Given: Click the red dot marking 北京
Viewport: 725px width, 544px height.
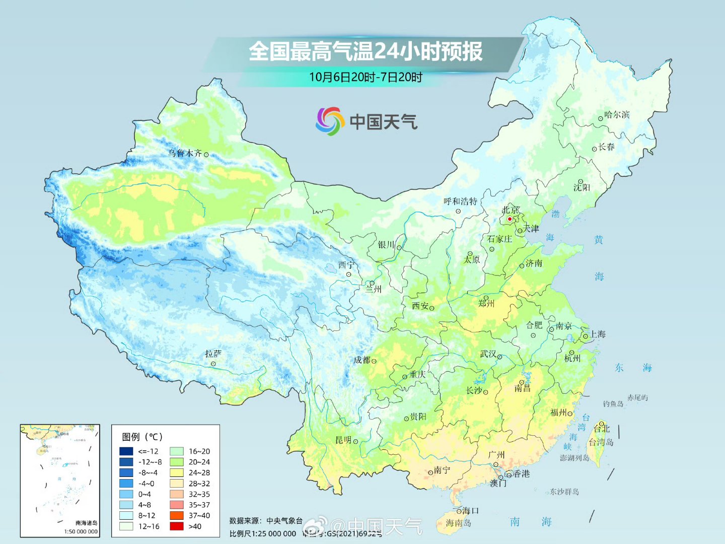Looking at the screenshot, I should [510, 219].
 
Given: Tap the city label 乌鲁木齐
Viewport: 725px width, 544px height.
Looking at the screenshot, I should [185, 153].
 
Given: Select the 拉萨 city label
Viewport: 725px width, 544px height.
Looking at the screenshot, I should [213, 354].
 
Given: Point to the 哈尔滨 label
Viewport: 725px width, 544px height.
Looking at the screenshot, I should [617, 115].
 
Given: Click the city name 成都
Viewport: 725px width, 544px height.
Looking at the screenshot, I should [361, 360].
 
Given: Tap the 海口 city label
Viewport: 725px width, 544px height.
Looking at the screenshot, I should [470, 511].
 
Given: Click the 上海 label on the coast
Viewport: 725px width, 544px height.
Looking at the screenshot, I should [598, 334].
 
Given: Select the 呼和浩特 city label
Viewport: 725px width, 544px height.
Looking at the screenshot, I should [460, 201].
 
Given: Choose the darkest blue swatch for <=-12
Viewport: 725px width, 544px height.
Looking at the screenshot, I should [126, 451].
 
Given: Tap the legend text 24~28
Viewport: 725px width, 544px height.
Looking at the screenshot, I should [199, 473].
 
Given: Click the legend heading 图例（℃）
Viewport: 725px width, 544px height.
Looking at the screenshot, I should [142, 437].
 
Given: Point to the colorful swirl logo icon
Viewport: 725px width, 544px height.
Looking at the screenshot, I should [329, 121].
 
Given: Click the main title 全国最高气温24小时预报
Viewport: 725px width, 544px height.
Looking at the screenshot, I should [366, 51].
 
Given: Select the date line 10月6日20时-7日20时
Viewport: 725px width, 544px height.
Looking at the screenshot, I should [366, 77].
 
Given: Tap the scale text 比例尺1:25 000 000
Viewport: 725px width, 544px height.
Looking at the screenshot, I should [262, 533].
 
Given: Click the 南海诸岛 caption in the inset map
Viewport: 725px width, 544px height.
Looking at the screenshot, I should [86, 523].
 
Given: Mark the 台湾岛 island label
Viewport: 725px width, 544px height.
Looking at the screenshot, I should [601, 442].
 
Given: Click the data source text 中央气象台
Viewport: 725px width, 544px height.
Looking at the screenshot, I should [284, 521].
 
